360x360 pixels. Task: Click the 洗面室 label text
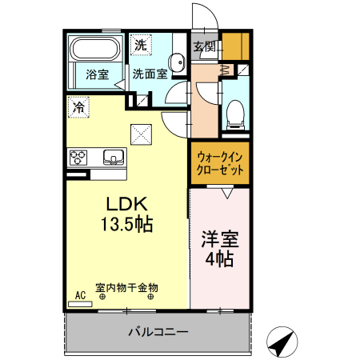150,74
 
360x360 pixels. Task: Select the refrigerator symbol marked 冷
78,106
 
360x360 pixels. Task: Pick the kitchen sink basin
113,156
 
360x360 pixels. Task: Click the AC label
80,294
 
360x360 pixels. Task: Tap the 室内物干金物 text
126,287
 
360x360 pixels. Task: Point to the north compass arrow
280,343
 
